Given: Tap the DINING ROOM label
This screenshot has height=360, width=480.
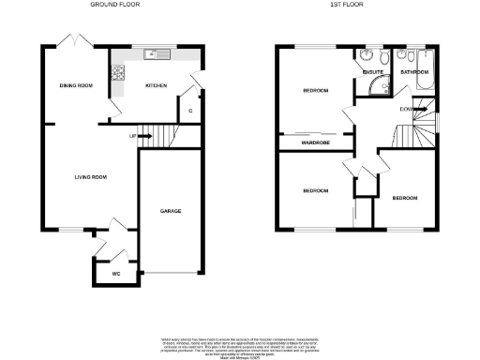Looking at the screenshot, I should point(75,85).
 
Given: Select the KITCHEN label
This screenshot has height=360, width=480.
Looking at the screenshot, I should point(156,85).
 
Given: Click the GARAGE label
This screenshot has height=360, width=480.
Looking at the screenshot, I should point(170,211).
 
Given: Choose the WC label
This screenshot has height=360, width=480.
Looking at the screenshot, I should point(116,274).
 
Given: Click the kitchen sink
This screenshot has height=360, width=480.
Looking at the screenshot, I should point(153,53).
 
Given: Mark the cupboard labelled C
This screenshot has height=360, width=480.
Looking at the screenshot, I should point(190,111).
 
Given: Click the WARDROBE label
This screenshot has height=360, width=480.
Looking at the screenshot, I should point(315,143).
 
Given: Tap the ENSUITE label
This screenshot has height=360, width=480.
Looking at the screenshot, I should point(372,70).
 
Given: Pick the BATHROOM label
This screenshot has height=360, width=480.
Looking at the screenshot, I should point(413,71).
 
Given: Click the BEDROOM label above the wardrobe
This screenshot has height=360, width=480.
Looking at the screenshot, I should point(315,90).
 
